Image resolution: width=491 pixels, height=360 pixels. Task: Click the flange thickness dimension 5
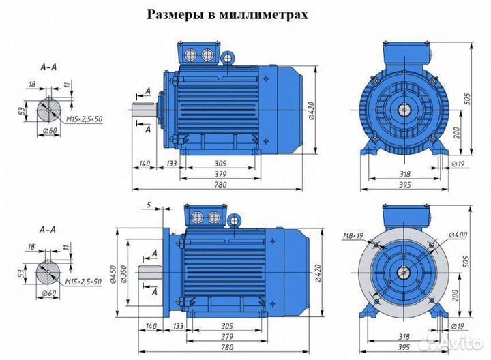[149, 204]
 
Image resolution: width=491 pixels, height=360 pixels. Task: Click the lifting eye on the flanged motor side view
[234, 220]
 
